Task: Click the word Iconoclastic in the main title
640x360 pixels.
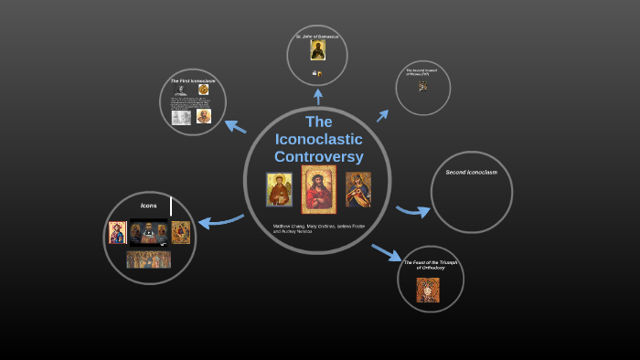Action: [318, 139]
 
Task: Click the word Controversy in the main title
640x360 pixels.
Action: [318, 156]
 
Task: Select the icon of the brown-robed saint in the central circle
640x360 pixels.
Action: [280, 189]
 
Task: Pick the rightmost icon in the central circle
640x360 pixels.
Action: [357, 189]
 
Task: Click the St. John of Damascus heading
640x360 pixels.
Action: [317, 37]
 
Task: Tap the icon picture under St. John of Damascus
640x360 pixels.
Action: [317, 50]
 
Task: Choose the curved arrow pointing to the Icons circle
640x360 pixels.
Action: [219, 220]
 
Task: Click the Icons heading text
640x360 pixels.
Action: [148, 206]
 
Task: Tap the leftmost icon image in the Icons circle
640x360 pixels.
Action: [118, 232]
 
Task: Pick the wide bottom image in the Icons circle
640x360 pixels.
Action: [148, 259]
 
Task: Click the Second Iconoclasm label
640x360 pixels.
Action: [471, 172]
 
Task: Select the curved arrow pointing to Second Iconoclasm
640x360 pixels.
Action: [413, 212]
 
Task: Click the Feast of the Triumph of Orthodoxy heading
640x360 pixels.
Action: [431, 265]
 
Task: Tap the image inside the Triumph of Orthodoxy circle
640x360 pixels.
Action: [429, 289]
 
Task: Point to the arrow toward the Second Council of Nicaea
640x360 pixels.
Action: [383, 116]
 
